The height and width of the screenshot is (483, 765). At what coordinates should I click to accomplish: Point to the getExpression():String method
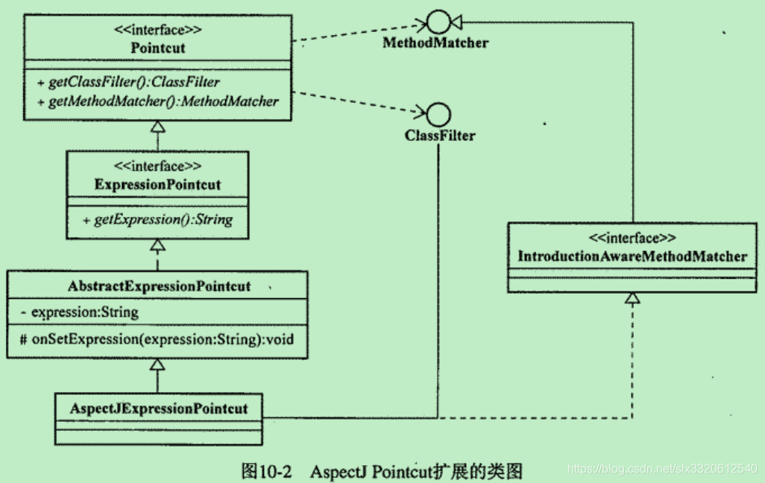pos(157,219)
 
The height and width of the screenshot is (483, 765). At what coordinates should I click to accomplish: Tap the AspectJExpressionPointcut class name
pos(158,408)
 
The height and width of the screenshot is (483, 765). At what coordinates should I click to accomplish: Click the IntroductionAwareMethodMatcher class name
pos(632,256)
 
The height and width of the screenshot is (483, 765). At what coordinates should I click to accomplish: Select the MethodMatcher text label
pos(435,42)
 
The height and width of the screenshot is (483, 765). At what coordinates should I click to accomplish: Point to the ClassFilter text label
pos(440,136)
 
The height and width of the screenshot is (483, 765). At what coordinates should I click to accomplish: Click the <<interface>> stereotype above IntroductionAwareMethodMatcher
pos(632,239)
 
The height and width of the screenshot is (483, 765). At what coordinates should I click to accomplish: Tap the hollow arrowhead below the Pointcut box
pos(157,127)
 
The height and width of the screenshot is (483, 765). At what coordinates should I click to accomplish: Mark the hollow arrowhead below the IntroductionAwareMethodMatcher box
pos(632,298)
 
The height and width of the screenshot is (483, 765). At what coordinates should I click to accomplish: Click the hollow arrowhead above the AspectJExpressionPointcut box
pos(157,364)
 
